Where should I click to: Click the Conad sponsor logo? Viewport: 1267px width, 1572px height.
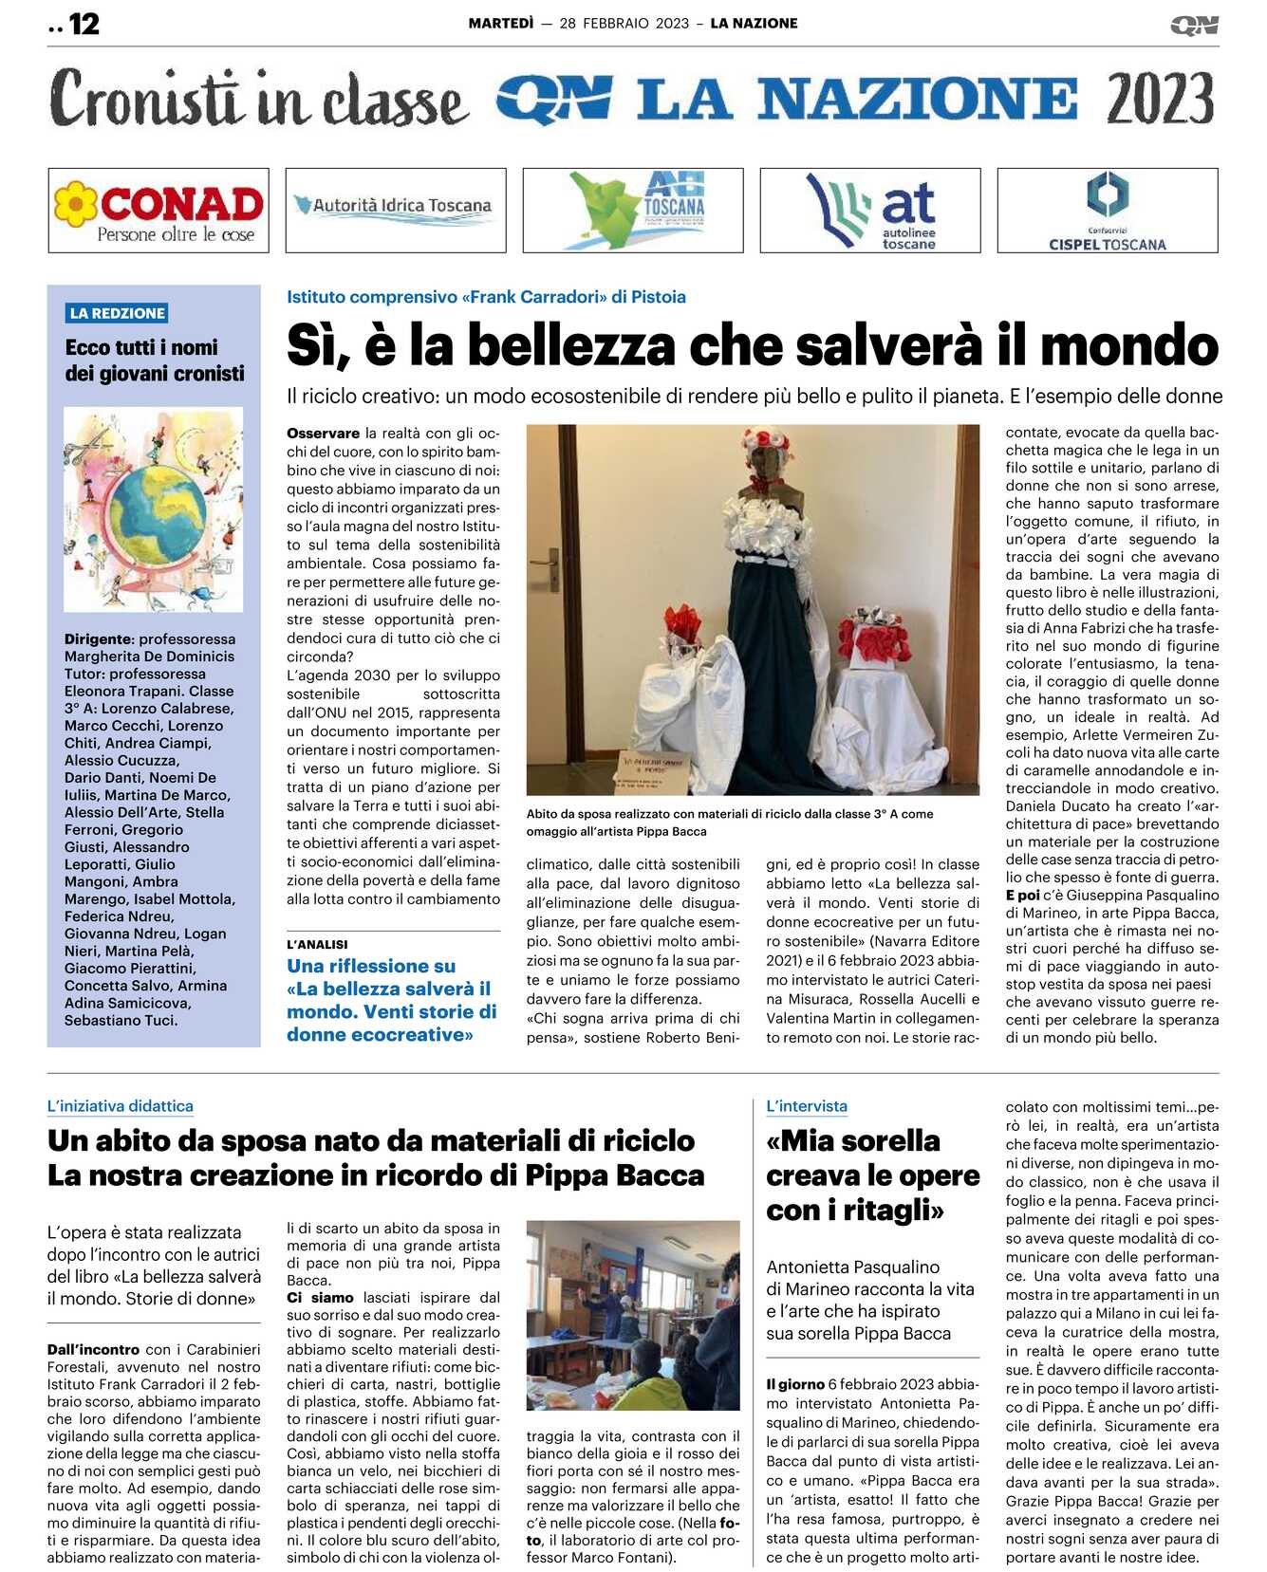click(x=158, y=211)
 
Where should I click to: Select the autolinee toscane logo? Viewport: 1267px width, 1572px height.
click(x=870, y=211)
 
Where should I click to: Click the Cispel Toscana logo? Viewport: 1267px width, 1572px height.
click(x=1107, y=211)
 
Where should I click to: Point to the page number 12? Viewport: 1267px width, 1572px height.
click(x=84, y=24)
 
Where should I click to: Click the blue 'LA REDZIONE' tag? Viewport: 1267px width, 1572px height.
click(x=118, y=313)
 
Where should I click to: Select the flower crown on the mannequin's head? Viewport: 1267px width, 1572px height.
click(x=766, y=442)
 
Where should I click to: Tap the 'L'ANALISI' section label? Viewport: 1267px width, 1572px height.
click(x=317, y=944)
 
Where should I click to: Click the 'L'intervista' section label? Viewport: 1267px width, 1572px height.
click(x=807, y=1106)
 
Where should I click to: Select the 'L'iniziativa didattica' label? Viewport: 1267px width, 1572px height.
click(x=121, y=1106)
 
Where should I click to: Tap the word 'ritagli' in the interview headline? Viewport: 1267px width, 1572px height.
click(x=885, y=1211)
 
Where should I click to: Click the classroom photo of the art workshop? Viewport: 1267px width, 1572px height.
click(x=633, y=1315)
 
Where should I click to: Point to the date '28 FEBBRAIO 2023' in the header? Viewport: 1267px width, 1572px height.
click(x=624, y=24)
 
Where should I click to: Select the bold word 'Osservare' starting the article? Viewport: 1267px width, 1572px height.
click(x=324, y=434)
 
